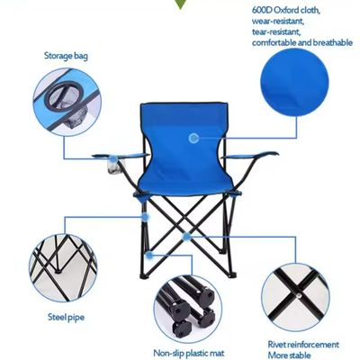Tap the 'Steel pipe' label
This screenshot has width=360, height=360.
click(67, 316)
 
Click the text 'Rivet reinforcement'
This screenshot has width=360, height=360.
click(303, 343)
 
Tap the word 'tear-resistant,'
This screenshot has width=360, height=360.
click(275, 31)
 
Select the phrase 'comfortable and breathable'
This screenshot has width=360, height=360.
click(302, 42)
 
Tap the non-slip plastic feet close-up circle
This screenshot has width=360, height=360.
click(185, 306)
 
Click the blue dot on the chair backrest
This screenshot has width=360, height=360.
click(194, 138)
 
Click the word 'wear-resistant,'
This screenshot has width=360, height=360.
click(278, 21)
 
